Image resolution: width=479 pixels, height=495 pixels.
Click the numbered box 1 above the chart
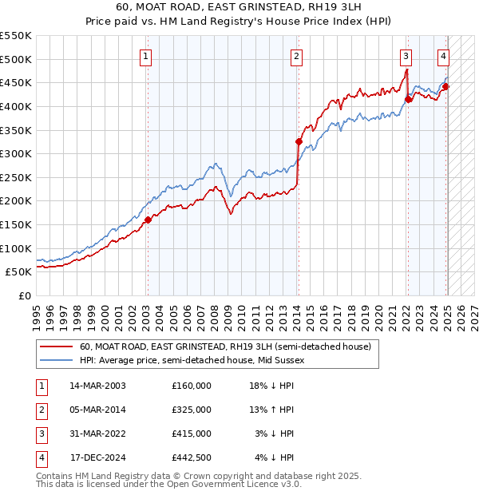(147, 56)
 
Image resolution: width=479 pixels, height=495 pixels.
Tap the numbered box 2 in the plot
(296, 56)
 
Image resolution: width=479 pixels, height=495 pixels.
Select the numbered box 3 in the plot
(406, 56)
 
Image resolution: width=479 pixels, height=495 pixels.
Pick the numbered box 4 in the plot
(443, 56)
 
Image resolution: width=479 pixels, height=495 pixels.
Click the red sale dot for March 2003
(147, 220)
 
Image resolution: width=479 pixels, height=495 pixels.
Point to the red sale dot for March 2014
(299, 142)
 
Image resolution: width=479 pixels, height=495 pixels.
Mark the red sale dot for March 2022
(408, 99)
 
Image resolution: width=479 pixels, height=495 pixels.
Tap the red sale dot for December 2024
(445, 86)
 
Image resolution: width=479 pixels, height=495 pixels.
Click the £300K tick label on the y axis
(16, 153)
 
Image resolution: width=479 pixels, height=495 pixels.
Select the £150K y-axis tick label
(16, 224)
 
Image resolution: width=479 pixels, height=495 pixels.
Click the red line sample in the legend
(55, 347)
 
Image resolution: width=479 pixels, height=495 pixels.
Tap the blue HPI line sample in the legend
(55, 360)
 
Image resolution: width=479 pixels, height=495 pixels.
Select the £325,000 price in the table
(192, 410)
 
